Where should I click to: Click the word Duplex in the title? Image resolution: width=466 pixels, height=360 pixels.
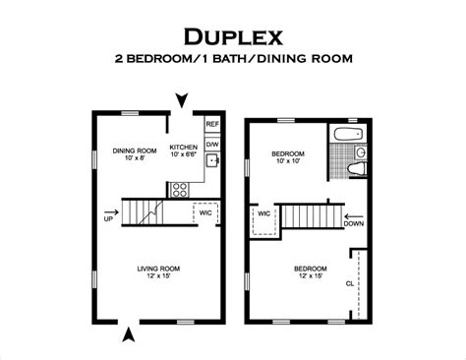coord(233,36)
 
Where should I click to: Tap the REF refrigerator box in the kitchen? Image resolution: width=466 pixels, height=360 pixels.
coord(212,124)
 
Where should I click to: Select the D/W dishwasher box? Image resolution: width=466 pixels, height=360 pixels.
coord(212,144)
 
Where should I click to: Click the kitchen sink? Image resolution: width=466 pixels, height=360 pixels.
coord(212,160)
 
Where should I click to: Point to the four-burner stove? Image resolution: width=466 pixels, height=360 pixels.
coord(180,190)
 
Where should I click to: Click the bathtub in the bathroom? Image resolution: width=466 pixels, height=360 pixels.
coord(348,134)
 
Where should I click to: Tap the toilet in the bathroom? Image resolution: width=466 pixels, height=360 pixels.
coord(357,169)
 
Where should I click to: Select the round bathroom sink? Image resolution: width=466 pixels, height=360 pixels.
coord(361,152)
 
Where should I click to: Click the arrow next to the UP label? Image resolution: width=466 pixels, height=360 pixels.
coord(112,211)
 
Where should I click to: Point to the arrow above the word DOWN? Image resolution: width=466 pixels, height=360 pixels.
coord(354,216)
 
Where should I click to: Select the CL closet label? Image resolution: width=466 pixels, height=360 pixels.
coord(350,283)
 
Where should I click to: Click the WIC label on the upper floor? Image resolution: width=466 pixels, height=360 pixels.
coord(264,213)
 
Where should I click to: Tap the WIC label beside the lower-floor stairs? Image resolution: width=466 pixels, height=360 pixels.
coord(205,212)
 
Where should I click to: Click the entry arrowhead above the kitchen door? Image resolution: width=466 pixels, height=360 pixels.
coord(182,100)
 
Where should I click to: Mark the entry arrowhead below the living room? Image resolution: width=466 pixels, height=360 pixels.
coord(129,334)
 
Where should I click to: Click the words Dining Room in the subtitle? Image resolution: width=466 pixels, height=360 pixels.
coord(305,59)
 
